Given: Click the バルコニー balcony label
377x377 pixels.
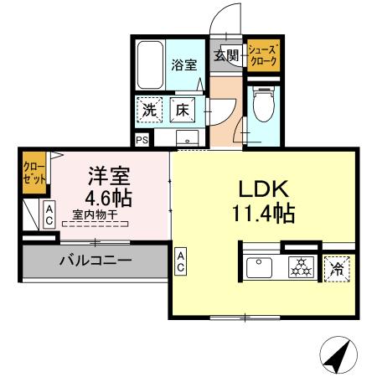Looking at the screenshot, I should point(95,261).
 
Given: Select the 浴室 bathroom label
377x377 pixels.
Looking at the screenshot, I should point(184,64).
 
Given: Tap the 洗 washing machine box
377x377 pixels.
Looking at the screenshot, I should point(150,110).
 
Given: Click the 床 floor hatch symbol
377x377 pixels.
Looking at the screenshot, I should point(182,110).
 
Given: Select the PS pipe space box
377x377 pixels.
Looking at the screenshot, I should point(141,140).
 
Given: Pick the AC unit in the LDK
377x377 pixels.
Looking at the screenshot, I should point(181,261).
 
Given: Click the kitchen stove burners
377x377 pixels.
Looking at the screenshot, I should point(299,269).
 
